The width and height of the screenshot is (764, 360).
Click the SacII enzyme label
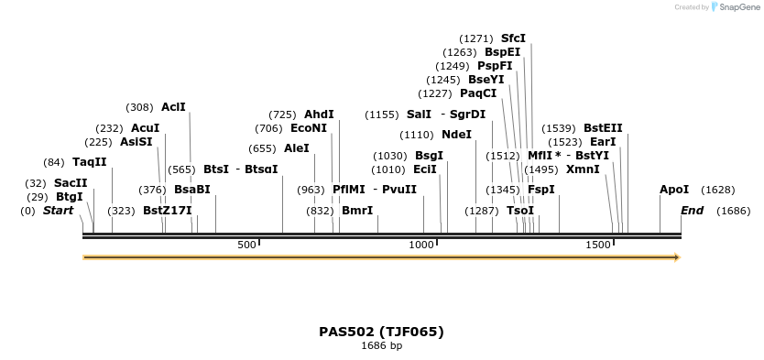(71, 182)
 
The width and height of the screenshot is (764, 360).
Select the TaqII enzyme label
(90, 162)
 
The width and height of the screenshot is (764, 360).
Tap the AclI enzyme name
(173, 107)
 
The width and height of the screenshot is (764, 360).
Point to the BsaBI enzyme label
(192, 190)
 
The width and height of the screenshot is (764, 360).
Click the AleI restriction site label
(297, 148)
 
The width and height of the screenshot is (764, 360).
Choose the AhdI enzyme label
(319, 115)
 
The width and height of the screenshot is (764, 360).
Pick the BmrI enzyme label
(357, 211)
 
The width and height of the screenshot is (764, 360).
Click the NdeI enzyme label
(457, 135)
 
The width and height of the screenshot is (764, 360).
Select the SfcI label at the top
(513, 38)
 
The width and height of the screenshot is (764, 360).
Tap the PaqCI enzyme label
(478, 93)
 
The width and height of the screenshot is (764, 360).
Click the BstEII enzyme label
(603, 128)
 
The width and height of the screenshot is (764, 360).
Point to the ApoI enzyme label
(674, 190)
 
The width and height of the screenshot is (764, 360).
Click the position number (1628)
(717, 190)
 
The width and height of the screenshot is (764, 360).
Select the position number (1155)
(381, 115)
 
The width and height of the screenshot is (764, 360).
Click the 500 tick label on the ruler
(246, 245)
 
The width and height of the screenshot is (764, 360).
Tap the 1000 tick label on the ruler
(421, 245)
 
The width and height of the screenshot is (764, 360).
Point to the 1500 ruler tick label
(598, 245)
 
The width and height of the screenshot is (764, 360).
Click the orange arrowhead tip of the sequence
(678, 257)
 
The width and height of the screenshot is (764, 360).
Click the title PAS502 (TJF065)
(381, 332)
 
